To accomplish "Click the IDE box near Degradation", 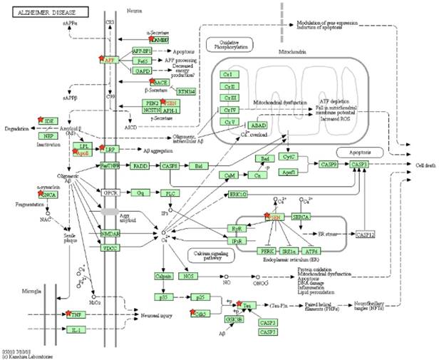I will [48, 121].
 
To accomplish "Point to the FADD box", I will [139, 165].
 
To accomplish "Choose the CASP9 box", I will [329, 165].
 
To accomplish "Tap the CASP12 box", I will [366, 234].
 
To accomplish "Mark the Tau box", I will [248, 306].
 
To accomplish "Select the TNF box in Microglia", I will [76, 314].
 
